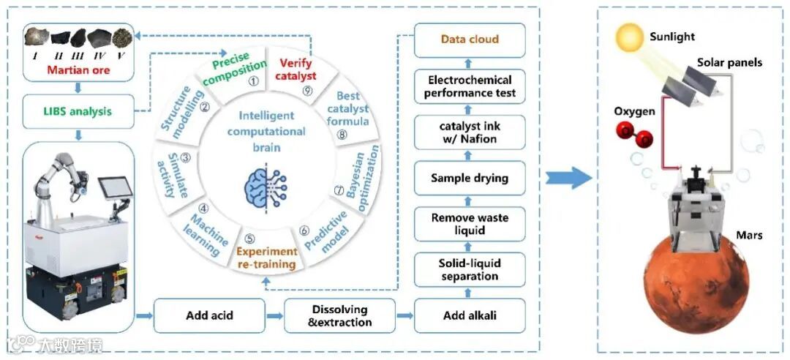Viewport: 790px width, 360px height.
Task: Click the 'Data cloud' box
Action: pos(470,40)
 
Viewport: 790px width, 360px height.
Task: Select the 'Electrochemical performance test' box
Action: pos(470,86)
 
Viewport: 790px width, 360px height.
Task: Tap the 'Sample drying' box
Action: pos(470,178)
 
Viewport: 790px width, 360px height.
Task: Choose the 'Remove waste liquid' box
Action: pos(470,224)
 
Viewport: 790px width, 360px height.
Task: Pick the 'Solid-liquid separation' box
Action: pos(470,270)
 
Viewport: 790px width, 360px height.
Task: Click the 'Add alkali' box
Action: pos(470,316)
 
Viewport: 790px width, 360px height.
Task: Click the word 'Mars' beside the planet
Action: pos(750,236)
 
